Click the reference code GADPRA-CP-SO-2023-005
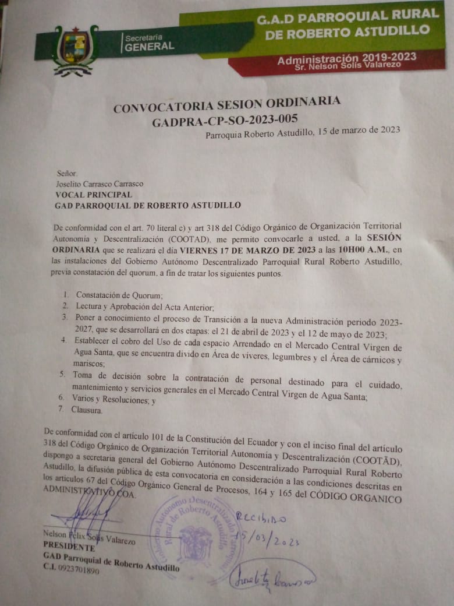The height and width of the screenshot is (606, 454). pos(225,120)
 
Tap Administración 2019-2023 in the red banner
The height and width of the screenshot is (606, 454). pos(346,58)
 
